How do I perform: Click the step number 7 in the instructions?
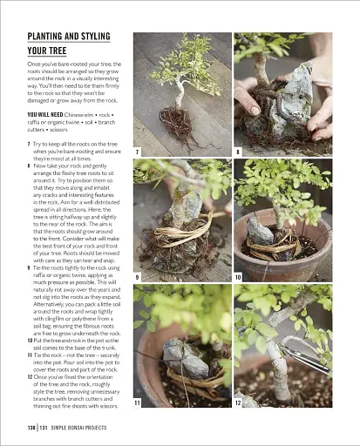(31, 142)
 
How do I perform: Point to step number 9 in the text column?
(31, 243)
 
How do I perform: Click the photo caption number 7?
(138, 152)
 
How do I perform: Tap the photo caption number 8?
(238, 152)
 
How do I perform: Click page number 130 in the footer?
(32, 429)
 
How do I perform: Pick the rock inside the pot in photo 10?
(261, 230)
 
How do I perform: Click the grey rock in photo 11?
(187, 356)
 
